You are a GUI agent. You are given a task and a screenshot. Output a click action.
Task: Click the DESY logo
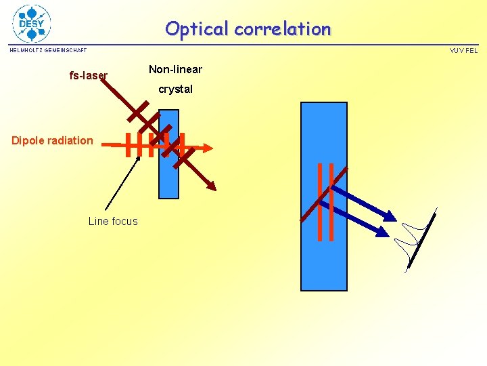tap(32, 23)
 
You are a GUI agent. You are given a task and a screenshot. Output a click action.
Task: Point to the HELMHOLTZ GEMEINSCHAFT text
tap(48, 50)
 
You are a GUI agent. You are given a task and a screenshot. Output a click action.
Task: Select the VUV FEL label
tap(463, 50)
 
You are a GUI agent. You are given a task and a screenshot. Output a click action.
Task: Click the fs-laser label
tap(88, 75)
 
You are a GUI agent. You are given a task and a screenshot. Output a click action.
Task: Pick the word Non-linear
tap(175, 69)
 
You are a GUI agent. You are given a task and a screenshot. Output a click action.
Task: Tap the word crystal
tap(175, 89)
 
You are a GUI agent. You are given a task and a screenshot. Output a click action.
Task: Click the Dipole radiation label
tap(52, 140)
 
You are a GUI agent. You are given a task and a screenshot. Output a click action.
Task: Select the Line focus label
tap(112, 221)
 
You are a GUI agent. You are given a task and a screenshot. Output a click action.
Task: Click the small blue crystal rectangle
tap(168, 176)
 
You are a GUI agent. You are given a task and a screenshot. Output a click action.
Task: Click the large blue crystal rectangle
tap(323, 258)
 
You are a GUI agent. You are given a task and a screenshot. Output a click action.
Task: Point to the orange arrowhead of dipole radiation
tap(208, 146)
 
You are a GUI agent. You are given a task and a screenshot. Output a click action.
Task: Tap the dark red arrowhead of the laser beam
tap(212, 186)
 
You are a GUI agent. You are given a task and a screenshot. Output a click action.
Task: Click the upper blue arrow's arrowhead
tap(390, 216)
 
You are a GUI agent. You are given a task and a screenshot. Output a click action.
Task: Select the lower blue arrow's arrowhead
tap(384, 232)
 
